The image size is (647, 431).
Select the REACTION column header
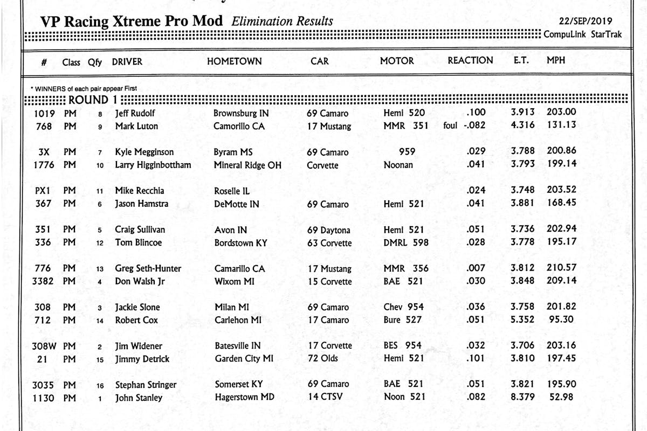tap(470, 61)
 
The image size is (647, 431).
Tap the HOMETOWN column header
tap(235, 61)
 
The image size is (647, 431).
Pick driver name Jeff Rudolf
tap(135, 113)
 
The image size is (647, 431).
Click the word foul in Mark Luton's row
tap(450, 126)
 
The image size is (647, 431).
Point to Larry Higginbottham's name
tap(153, 165)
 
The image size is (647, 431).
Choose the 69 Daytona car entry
tap(328, 230)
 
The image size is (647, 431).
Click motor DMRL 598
tap(406, 242)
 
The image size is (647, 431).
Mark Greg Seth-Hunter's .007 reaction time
tap(476, 268)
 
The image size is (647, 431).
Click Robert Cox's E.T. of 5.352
tap(522, 319)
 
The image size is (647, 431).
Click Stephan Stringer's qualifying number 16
tap(100, 385)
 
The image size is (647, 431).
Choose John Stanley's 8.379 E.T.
tap(522, 398)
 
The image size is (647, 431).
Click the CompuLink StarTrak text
tap(582, 34)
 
